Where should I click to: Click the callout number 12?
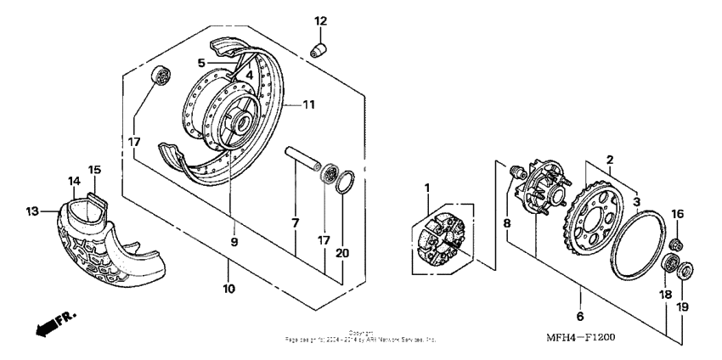(320, 20)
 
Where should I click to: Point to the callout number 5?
(201, 63)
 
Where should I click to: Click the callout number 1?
(427, 187)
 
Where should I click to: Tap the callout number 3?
(635, 203)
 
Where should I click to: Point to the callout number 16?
(676, 214)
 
